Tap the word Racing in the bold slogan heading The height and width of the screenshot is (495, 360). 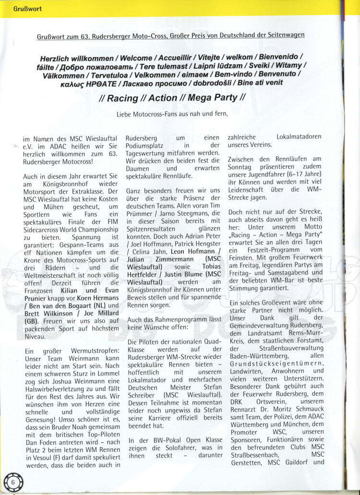(x=122, y=98)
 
